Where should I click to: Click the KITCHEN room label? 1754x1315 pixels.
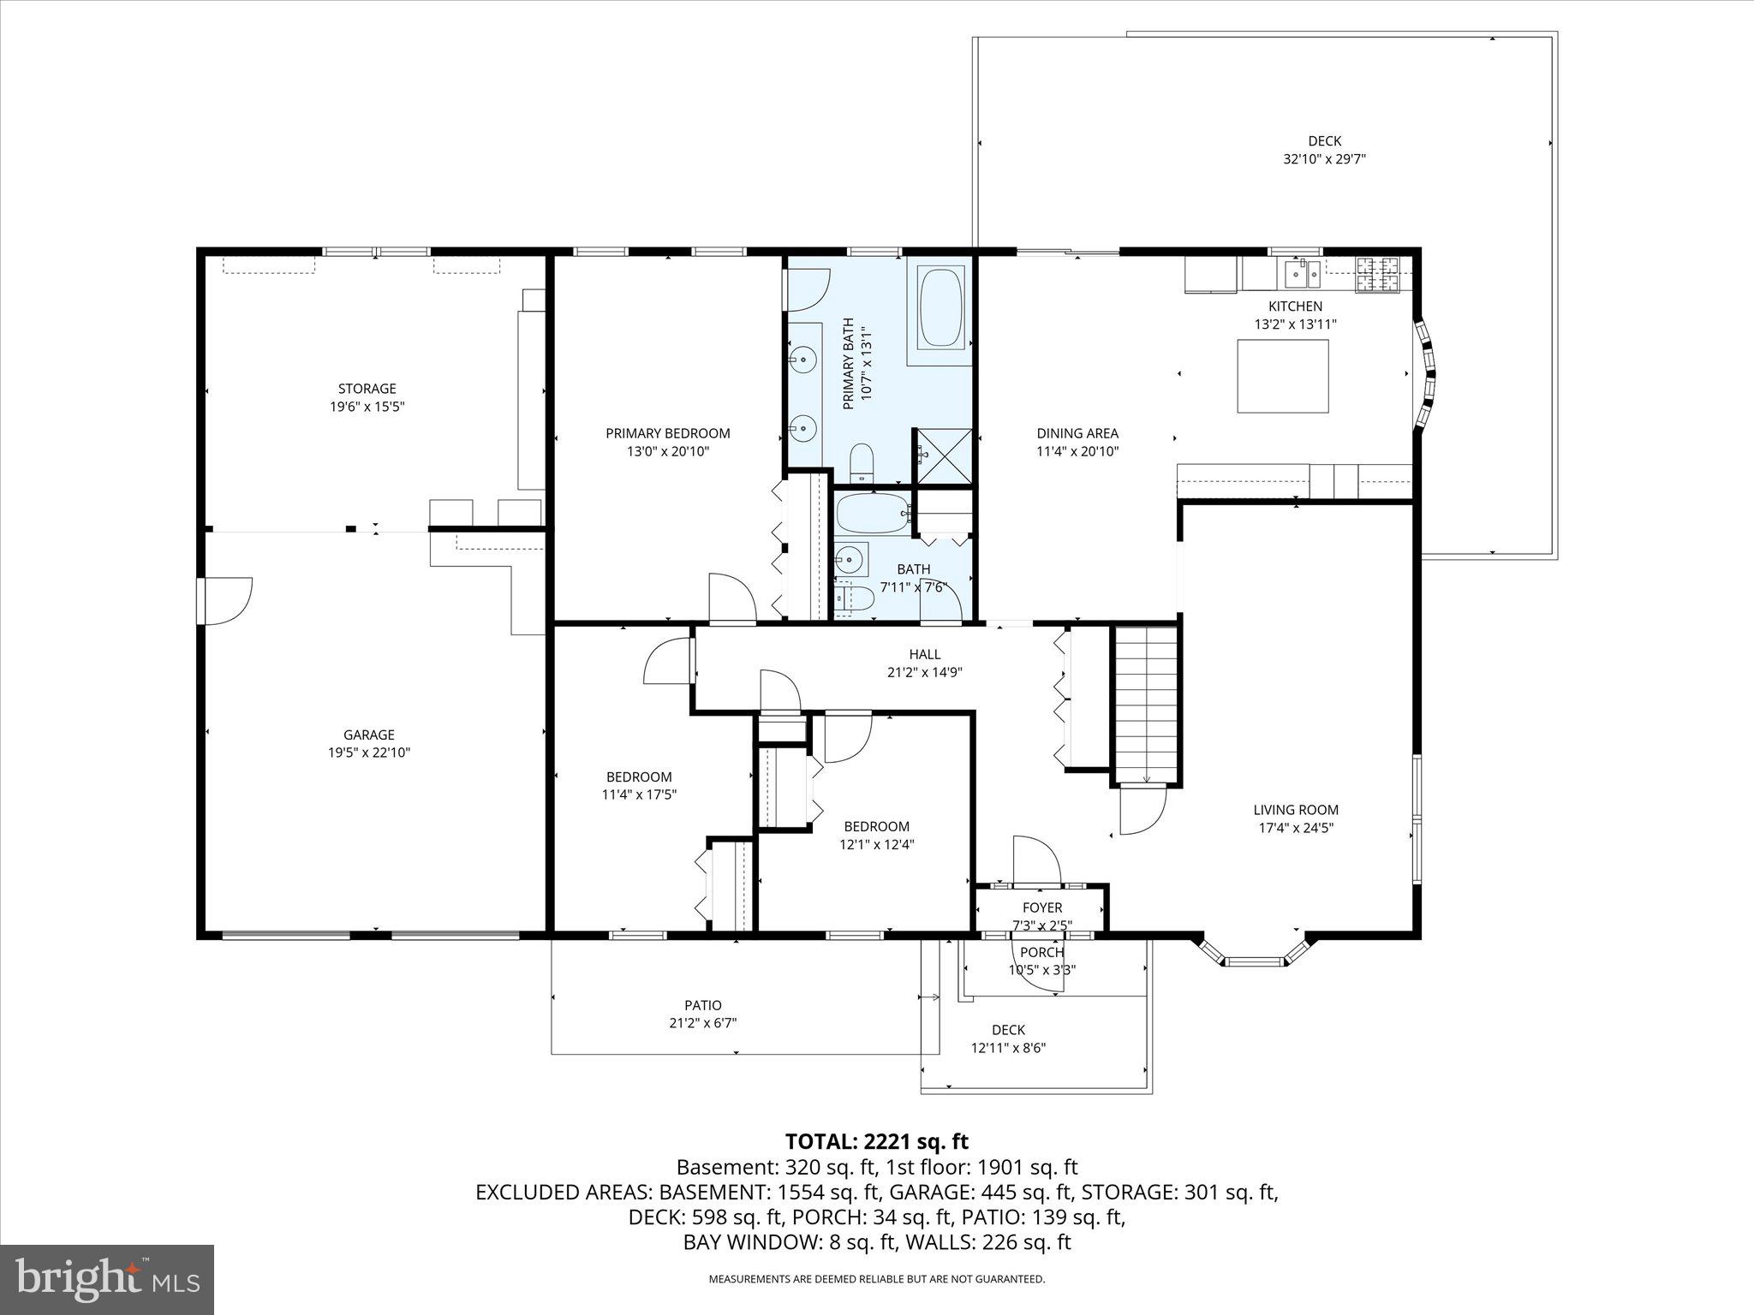[1294, 306]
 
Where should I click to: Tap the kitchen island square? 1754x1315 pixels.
[1283, 376]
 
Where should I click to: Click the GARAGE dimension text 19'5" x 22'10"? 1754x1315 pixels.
[368, 753]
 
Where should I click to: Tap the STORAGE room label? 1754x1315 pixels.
[367, 389]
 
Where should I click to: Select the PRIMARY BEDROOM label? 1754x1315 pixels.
[667, 433]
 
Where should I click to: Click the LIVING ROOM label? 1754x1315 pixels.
[1295, 810]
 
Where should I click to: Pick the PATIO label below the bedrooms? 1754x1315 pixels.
[702, 1005]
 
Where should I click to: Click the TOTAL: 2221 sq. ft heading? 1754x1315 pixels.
[876, 1141]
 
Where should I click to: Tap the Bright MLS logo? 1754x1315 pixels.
[107, 1279]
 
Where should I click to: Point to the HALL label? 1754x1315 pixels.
[924, 654]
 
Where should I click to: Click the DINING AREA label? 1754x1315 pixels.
[1077, 433]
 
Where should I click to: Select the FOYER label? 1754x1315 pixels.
[1041, 907]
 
